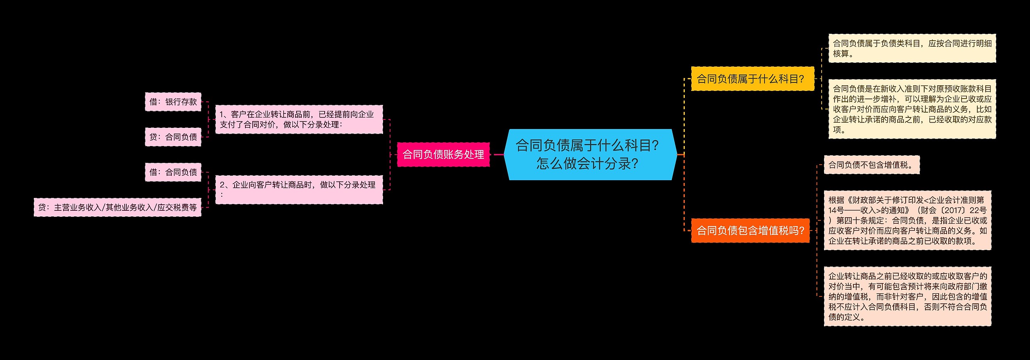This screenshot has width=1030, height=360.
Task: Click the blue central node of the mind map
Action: pos(590,154)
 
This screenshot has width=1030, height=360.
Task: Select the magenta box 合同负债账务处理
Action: pos(443,154)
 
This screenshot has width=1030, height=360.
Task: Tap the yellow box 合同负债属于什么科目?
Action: pos(752,79)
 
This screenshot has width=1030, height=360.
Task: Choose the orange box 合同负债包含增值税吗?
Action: pos(750,230)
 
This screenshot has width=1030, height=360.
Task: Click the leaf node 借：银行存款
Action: pos(173,102)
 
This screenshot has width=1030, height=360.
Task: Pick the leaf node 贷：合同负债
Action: pos(173,137)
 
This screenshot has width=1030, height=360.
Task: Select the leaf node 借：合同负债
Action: pos(173,172)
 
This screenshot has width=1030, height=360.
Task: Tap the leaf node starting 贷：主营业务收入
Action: pos(117,208)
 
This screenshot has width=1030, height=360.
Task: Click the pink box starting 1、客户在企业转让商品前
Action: pos(299,119)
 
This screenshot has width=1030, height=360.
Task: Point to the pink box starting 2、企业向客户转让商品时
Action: pos(299,189)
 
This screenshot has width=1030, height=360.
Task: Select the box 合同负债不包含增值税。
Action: pos(871,165)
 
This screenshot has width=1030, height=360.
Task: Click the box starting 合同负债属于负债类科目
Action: pos(912,48)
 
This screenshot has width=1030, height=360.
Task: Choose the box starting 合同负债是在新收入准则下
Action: pos(912,109)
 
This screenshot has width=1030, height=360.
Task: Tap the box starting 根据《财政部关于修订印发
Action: pos(907,220)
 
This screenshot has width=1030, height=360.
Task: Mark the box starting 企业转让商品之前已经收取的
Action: pos(907,296)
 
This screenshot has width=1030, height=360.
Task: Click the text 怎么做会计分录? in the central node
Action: pos(587,164)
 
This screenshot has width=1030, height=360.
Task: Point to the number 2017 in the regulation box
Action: pos(956,210)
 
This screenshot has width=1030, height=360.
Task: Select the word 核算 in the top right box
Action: pos(840,53)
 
